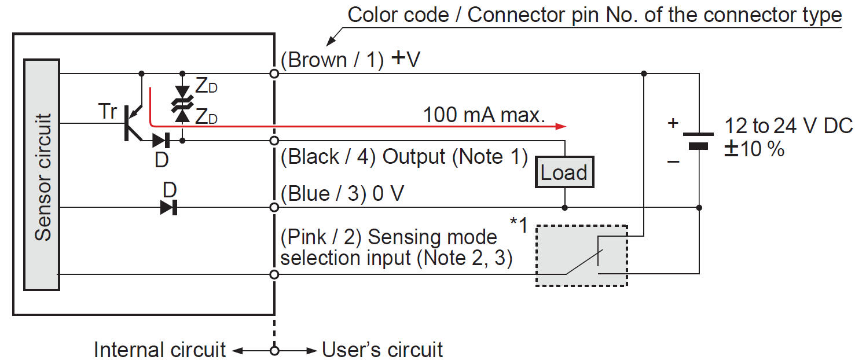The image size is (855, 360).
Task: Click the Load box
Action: [564, 172]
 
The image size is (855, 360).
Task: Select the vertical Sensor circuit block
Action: [41, 174]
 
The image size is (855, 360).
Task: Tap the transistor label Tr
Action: [107, 111]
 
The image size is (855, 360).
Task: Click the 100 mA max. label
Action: [484, 115]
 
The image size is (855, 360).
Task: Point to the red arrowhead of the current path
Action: [560, 126]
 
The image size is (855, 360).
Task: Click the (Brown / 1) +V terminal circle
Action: [274, 74]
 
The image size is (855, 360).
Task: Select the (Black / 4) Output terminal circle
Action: [274, 141]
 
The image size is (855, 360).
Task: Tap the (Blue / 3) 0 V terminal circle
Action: [274, 207]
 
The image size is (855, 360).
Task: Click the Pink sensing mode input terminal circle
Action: [274, 274]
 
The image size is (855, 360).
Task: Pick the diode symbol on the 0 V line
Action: [168, 207]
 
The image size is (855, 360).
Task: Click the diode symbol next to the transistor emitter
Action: [162, 140]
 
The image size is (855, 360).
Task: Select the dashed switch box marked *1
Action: [582, 255]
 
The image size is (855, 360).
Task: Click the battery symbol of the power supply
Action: [699, 141]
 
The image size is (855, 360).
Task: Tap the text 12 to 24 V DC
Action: [789, 126]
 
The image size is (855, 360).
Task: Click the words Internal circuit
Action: [160, 350]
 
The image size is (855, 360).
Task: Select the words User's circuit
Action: [382, 350]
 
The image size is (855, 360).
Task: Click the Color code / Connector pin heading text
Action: [595, 14]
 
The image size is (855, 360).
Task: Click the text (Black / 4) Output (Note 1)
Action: [404, 156]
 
